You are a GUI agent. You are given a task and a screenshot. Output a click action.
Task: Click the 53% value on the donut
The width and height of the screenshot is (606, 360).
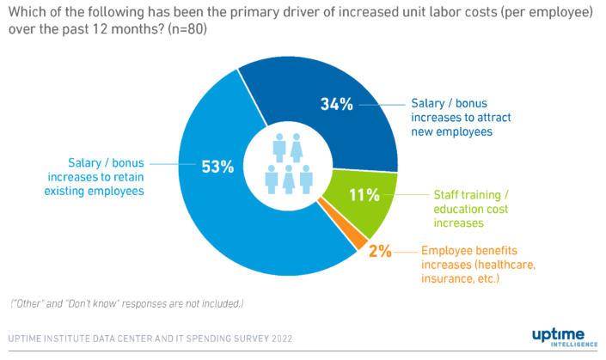pyautogui.click(x=217, y=167)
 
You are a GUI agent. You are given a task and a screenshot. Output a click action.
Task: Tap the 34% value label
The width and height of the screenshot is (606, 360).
pyautogui.click(x=337, y=105)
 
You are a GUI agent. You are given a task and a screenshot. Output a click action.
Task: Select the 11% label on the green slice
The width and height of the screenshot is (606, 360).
pyautogui.click(x=364, y=194)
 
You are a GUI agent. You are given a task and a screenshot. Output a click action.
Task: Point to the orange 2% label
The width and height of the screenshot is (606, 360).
pyautogui.click(x=380, y=251)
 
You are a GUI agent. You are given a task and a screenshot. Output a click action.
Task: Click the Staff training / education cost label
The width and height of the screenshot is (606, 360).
pyautogui.click(x=471, y=208)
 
